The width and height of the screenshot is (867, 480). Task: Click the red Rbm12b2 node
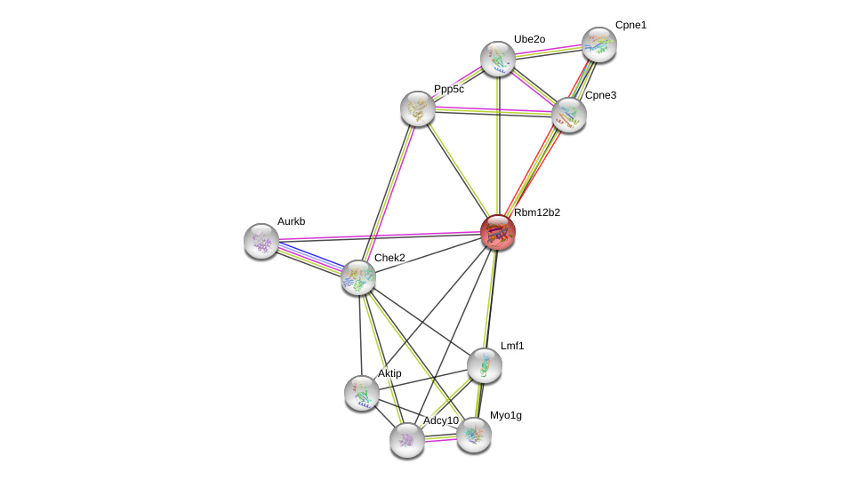tap(497, 232)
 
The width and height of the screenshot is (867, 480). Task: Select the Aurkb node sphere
tap(261, 240)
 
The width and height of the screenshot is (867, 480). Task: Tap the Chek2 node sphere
tap(358, 277)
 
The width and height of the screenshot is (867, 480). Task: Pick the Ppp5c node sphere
tap(417, 108)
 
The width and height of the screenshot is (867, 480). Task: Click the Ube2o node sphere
tap(498, 58)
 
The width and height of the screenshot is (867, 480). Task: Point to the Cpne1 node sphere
tap(599, 44)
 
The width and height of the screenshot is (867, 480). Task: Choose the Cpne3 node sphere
tap(569, 115)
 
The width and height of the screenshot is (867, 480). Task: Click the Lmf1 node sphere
tap(485, 364)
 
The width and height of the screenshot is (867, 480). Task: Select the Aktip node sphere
tap(362, 392)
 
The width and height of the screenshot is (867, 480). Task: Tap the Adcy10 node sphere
tap(407, 439)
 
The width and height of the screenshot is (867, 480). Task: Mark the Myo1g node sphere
tap(474, 434)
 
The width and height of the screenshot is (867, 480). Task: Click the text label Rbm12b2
tap(537, 212)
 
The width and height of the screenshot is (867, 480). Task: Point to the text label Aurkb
tap(293, 221)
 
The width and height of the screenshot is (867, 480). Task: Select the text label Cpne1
tap(630, 25)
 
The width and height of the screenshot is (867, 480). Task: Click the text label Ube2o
tap(529, 39)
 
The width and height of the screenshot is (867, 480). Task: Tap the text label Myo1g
tap(506, 415)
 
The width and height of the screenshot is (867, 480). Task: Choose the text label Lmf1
tap(512, 346)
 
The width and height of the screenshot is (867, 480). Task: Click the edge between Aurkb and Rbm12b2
tap(379, 236)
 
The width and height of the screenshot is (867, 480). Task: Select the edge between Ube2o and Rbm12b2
tap(498, 142)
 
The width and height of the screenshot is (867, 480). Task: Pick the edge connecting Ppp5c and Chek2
tap(388, 193)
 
